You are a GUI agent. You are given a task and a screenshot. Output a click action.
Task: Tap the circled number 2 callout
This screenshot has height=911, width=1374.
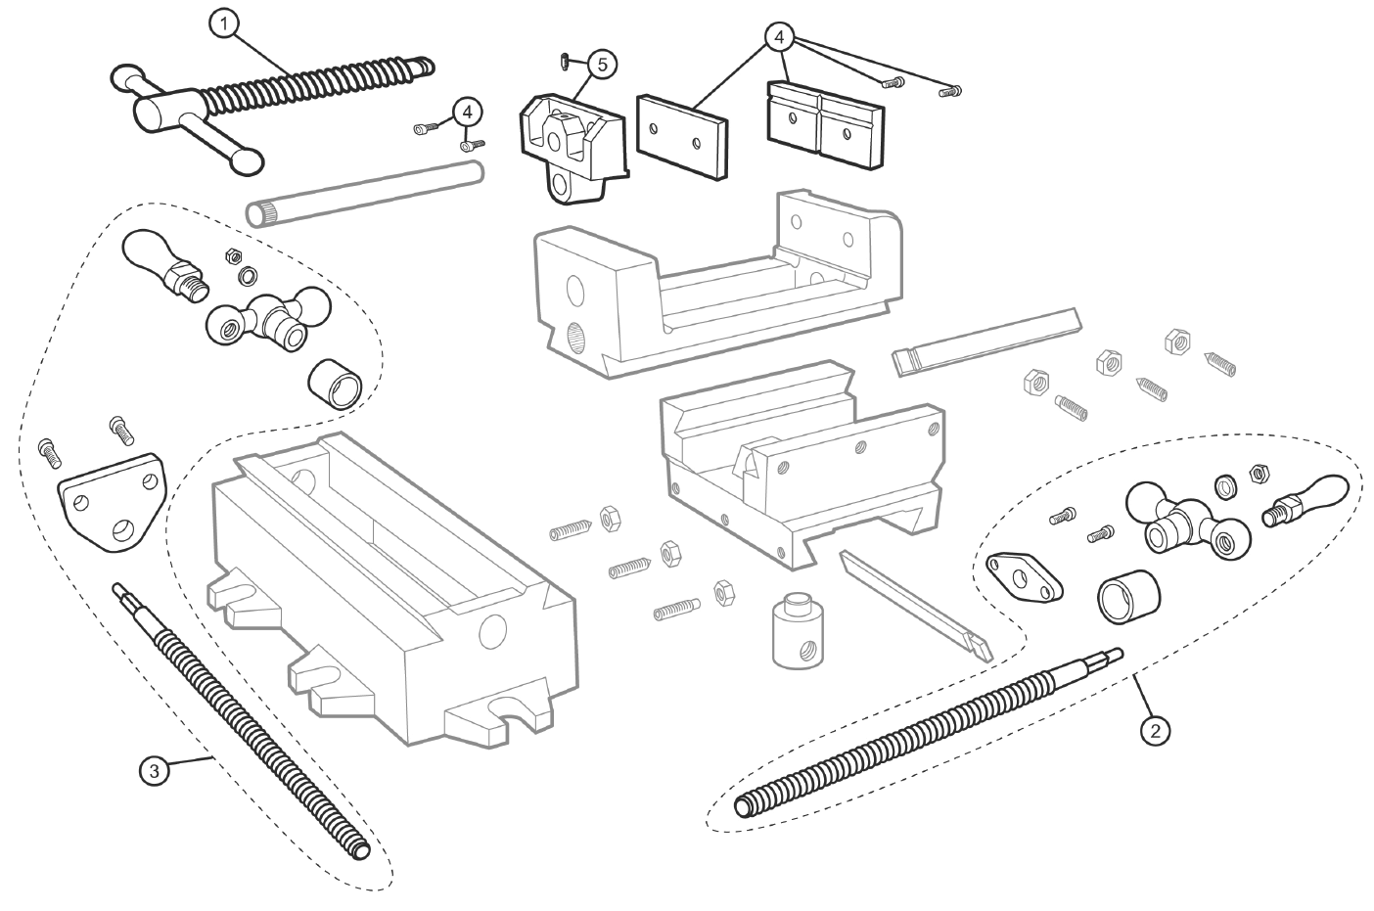point(1156,729)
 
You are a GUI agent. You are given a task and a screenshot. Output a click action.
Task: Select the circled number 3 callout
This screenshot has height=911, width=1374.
point(154,771)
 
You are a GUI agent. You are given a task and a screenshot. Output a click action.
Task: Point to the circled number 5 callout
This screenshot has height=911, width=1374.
point(601,65)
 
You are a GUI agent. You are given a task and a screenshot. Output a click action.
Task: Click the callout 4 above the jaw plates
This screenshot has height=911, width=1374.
point(779,38)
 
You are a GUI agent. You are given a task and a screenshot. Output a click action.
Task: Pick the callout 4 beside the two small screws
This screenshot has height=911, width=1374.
point(468,112)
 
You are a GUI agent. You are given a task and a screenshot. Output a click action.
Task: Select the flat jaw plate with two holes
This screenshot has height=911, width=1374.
point(683,135)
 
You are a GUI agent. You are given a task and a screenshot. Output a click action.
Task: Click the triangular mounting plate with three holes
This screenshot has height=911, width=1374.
point(111,498)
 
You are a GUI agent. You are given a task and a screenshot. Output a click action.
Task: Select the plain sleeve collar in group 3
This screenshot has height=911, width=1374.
point(336,383)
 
